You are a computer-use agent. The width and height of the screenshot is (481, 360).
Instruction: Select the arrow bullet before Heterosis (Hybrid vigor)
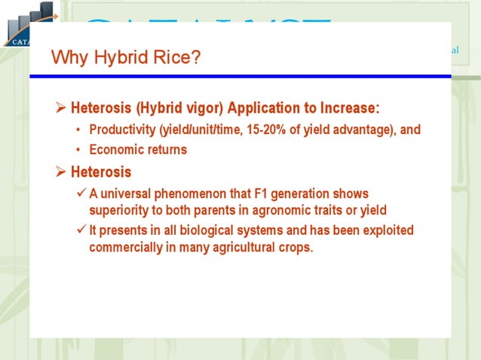(62, 106)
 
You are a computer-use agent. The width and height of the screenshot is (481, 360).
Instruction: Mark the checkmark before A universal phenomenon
(81, 194)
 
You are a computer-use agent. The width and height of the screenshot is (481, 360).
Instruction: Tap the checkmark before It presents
(81, 230)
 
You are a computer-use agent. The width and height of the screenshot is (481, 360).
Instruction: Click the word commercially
(125, 246)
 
